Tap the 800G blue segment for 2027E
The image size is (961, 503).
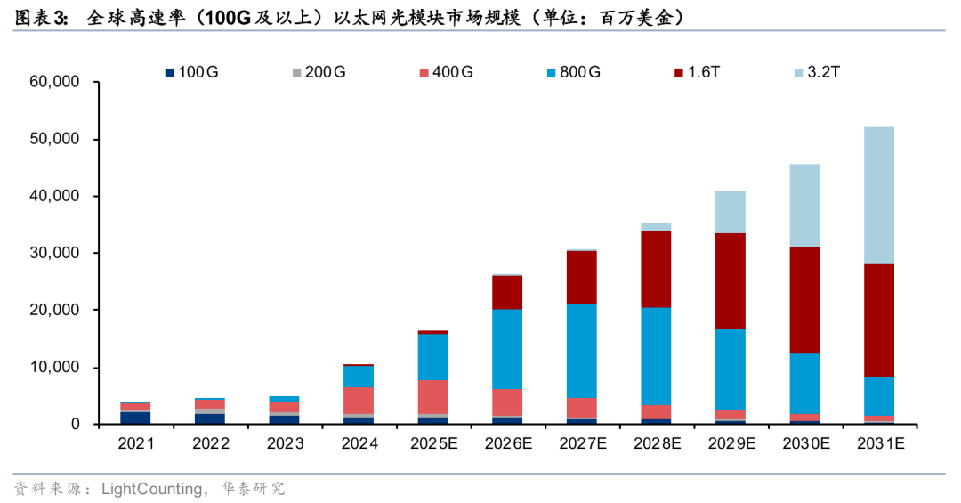pos(582,351)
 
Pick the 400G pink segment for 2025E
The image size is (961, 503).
pos(432,397)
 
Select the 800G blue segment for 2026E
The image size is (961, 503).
pos(507,349)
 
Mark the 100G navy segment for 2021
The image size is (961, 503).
pos(135,418)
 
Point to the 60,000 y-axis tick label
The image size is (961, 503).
pos(54,82)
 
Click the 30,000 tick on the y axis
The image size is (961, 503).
pos(54,254)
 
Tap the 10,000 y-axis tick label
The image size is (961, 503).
pos(54,368)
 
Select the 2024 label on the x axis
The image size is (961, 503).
pos(359,442)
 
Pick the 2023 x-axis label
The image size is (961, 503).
pos(284,442)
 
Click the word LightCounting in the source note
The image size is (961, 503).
pos(143,488)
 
